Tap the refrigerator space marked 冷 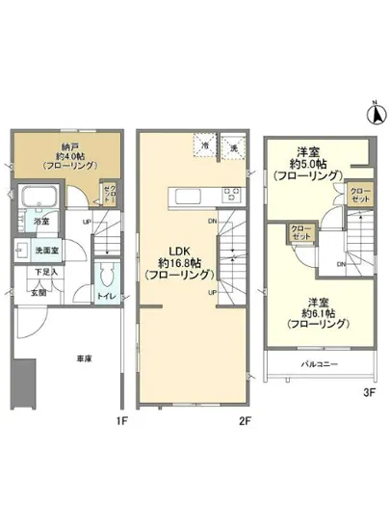pos(205,146)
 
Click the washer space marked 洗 pos(232,146)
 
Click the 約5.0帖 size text pos(308,163)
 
